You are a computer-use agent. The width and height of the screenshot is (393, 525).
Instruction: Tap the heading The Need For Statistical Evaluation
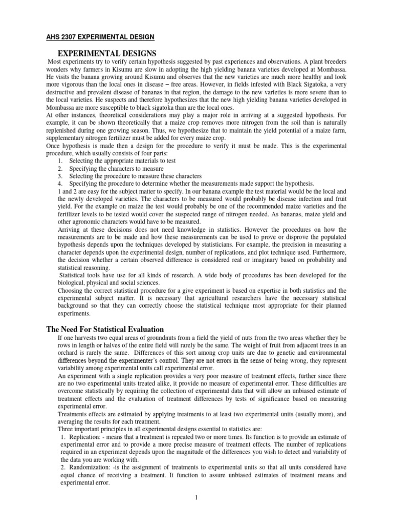pos(106,329)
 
